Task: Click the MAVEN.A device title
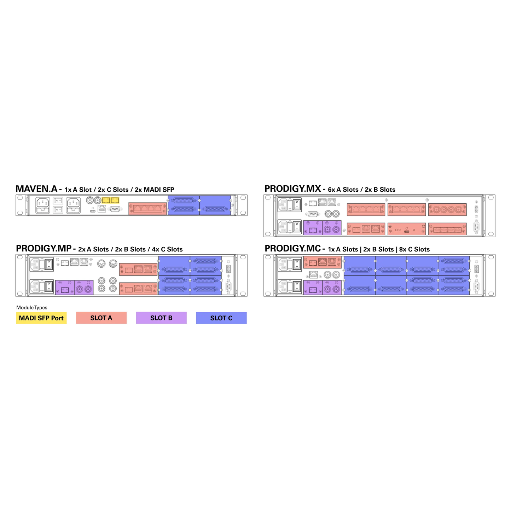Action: tap(36, 189)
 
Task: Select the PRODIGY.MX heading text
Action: tap(292, 189)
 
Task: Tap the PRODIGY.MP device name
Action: tap(44, 249)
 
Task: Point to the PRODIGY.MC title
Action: tap(292, 249)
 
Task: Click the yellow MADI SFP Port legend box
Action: tap(41, 318)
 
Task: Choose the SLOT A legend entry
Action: tap(101, 318)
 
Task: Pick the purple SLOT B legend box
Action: tap(161, 318)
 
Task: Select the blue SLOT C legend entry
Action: tap(221, 318)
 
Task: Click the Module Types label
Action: tap(32, 307)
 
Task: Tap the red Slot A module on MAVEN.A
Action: tap(148, 208)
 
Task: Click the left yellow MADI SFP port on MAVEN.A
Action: tap(106, 200)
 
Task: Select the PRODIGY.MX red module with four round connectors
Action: tap(447, 210)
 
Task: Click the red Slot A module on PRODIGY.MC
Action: tap(322, 262)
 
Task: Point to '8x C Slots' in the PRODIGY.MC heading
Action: tap(414, 249)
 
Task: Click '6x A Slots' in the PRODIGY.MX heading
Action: tap(343, 190)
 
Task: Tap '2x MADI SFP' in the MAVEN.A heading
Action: tap(154, 190)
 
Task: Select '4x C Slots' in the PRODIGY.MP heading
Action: tap(167, 249)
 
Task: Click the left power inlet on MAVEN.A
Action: tap(43, 205)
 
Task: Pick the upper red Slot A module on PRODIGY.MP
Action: tap(138, 269)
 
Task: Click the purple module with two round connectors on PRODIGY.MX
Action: tap(332, 227)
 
